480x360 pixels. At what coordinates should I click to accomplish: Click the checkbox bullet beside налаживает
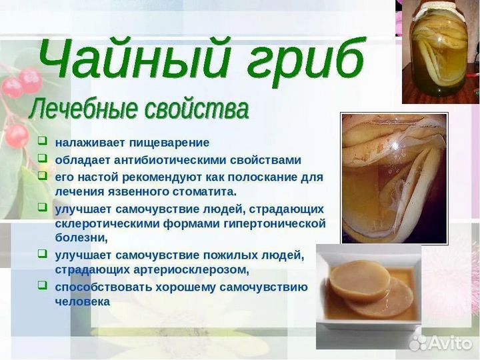tap(42, 141)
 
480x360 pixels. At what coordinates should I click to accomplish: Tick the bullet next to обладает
tap(42, 159)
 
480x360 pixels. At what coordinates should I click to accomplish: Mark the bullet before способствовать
tap(42, 285)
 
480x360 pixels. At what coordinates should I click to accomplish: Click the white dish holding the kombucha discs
tap(369, 287)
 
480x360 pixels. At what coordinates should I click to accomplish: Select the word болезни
tap(81, 237)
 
